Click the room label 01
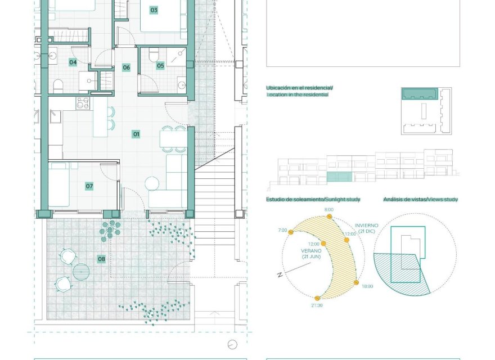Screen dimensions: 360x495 tap(136, 134)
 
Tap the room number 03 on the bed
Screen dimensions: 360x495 tap(154, 10)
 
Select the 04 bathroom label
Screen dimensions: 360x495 tap(73, 62)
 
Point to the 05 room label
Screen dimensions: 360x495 tap(160, 66)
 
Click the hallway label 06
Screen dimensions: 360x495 tap(127, 67)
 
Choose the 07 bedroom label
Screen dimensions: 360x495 tap(89, 186)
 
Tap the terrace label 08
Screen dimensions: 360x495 tap(101, 259)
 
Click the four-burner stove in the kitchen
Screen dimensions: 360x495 tap(83, 102)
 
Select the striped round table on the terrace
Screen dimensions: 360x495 tap(81, 272)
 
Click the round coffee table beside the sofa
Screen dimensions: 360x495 tap(152, 183)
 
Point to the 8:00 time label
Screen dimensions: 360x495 tap(329, 209)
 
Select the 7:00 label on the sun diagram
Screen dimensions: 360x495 tap(282, 231)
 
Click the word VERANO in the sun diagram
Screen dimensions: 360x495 tap(311, 250)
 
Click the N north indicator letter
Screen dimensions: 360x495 tap(279, 274)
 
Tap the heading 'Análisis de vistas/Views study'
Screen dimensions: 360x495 tap(420, 199)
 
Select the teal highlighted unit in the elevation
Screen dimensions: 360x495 tap(339, 177)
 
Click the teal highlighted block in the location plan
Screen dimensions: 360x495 tap(420, 93)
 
